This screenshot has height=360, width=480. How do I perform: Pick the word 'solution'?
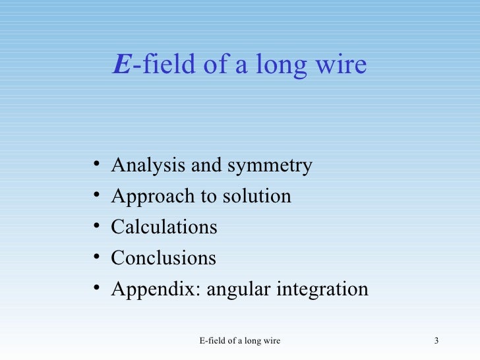coord(258,196)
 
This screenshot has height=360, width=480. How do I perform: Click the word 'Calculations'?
coord(164,227)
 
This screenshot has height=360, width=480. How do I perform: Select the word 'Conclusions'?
coord(163,258)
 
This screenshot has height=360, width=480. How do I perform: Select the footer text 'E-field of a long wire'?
coord(239,341)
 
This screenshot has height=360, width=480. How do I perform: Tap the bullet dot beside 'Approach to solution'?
coord(97,195)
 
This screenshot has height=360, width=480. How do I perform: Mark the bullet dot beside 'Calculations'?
coord(97,226)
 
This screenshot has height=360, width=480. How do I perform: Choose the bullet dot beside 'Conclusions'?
coord(97,257)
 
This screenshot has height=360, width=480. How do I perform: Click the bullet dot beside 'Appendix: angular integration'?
coord(97,288)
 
